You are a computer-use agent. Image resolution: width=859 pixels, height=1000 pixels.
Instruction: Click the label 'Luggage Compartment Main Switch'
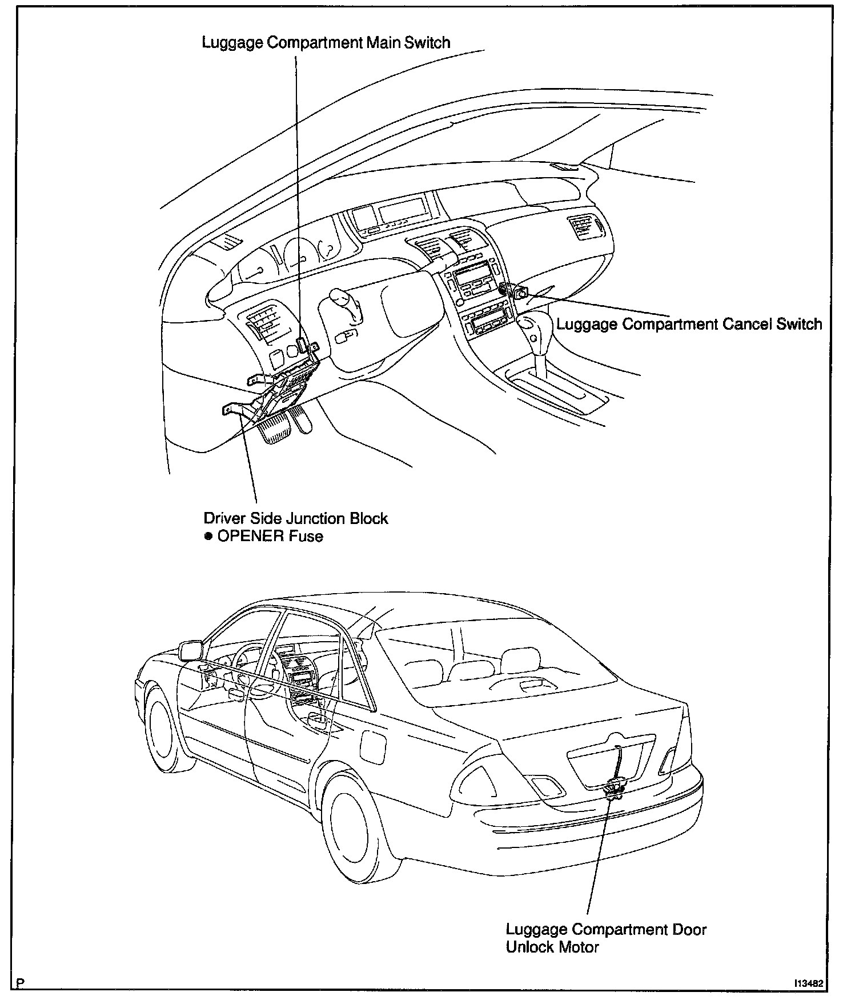tap(326, 43)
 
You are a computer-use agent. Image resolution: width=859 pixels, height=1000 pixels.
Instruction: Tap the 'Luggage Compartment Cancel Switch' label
tap(689, 325)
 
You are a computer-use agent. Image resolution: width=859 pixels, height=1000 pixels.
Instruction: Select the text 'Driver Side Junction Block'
tap(296, 518)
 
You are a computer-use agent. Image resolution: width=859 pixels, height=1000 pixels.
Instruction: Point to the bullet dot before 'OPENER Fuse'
tap(208, 536)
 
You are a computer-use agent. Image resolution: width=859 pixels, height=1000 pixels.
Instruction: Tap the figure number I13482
tap(808, 983)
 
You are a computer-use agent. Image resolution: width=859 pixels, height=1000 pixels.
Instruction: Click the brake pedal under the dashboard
tap(275, 429)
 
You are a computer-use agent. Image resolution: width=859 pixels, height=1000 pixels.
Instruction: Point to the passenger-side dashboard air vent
tap(582, 227)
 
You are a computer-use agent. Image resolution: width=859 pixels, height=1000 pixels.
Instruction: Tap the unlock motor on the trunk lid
tap(614, 791)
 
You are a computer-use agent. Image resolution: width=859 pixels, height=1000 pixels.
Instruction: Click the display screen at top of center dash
tap(402, 211)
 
